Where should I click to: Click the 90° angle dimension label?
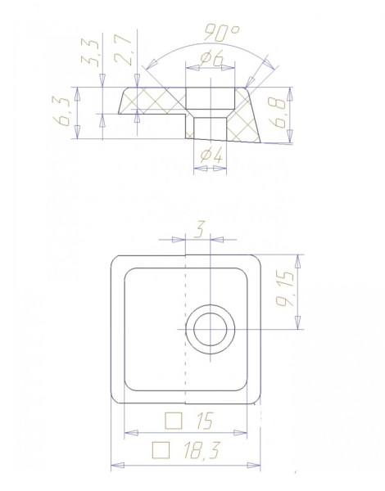[222, 33]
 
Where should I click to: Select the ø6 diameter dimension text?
[212, 58]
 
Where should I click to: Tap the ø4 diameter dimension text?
[211, 155]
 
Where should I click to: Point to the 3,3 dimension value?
[91, 52]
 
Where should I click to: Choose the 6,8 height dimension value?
[277, 113]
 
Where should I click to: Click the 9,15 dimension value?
[285, 289]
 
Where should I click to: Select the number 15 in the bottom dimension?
[205, 421]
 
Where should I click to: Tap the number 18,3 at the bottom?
[202, 450]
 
